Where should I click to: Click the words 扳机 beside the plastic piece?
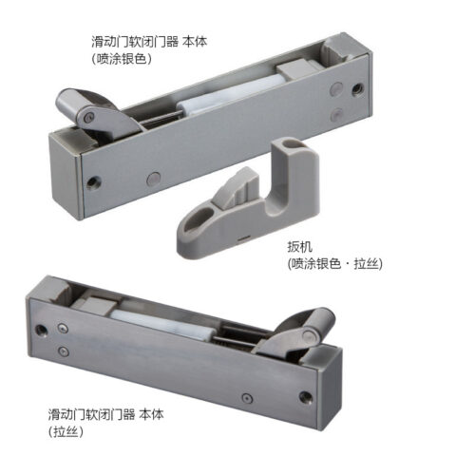coord(300,247)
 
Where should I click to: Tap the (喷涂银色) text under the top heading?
coord(122,59)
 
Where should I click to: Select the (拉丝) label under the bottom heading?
coord(66,431)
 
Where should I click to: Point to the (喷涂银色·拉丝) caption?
coord(335,263)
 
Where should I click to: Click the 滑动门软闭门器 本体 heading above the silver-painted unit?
coord(149,42)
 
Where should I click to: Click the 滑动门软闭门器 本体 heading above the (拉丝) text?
coord(106,414)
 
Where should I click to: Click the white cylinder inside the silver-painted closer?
coord(228,95)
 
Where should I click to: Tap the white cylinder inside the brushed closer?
coord(163,326)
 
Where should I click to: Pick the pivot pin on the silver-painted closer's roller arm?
coord(87,118)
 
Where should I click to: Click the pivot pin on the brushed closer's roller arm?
coord(308,335)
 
